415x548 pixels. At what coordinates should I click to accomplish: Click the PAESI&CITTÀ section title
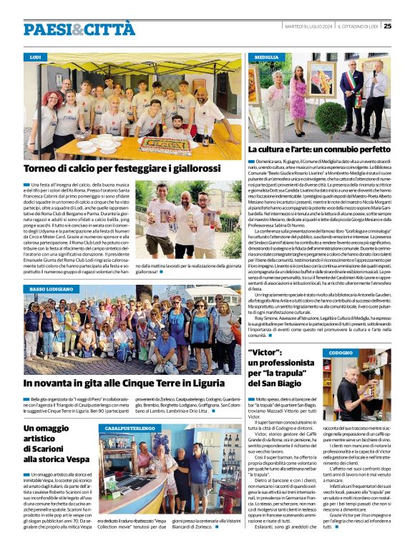click(79, 29)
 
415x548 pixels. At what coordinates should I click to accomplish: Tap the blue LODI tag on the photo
click(36, 56)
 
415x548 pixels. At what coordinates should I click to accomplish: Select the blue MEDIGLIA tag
click(266, 56)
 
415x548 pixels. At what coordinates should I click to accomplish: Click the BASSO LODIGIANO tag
click(52, 289)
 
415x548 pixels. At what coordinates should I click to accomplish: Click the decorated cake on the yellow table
click(164, 146)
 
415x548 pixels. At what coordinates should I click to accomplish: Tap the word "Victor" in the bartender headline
click(265, 353)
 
